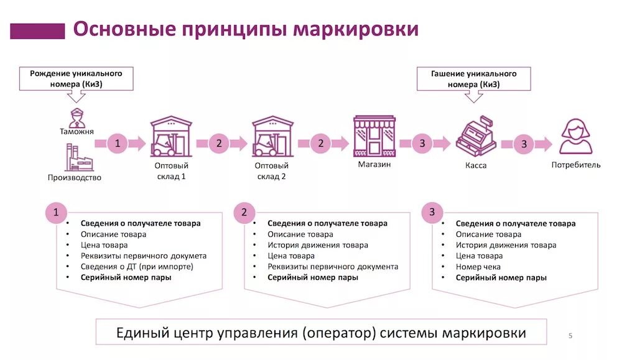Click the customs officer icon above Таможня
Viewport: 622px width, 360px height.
pos(77,116)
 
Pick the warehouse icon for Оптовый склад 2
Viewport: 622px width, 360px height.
pos(272,137)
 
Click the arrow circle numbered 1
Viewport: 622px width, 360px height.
pos(118,144)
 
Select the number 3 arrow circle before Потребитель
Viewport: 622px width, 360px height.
pos(524,144)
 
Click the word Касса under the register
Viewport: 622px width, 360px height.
pos(476,166)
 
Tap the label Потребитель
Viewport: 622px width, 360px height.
pos(576,165)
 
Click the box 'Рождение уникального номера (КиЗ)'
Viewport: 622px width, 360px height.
pos(77,78)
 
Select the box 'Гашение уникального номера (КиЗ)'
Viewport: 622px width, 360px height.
pos(474,78)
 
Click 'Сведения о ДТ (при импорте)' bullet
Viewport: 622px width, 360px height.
pos(137,267)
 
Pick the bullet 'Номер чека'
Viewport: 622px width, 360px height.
pos(478,267)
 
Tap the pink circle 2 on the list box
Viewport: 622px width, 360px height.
pos(244,213)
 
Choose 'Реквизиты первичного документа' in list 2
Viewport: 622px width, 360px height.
pos(333,267)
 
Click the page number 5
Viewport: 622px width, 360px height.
pos(570,336)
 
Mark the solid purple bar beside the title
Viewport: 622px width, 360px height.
pos(37,30)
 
